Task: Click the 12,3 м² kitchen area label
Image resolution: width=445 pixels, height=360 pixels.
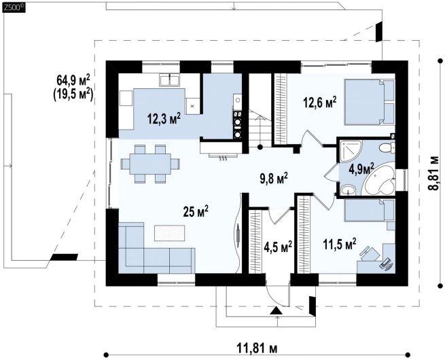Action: tap(164, 118)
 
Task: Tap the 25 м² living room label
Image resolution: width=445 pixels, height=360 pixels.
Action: tap(196, 211)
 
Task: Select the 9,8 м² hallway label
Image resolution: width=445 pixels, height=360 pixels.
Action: tap(274, 179)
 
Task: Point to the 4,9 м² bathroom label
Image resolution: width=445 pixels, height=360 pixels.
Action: tap(361, 169)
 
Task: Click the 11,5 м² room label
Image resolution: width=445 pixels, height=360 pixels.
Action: tap(340, 244)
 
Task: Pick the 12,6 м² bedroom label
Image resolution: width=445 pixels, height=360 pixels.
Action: tap(320, 102)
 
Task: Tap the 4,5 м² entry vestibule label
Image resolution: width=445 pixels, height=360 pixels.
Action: tap(278, 247)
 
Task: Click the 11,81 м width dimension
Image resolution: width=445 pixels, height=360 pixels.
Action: tap(257, 347)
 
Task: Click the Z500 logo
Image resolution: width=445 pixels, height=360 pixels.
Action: tap(14, 7)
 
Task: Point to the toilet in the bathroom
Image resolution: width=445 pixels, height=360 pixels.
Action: tap(387, 148)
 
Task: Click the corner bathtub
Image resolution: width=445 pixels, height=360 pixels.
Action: tap(380, 179)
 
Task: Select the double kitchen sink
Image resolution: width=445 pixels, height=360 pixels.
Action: tap(169, 79)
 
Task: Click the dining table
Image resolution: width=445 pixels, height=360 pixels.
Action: tap(150, 164)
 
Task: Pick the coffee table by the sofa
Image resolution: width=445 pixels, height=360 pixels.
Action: tap(170, 232)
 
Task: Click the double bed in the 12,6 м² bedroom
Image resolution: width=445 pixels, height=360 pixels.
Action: tap(370, 102)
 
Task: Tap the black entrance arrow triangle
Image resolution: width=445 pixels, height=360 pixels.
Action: tap(277, 310)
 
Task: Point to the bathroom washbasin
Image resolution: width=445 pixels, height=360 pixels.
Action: tap(348, 190)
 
